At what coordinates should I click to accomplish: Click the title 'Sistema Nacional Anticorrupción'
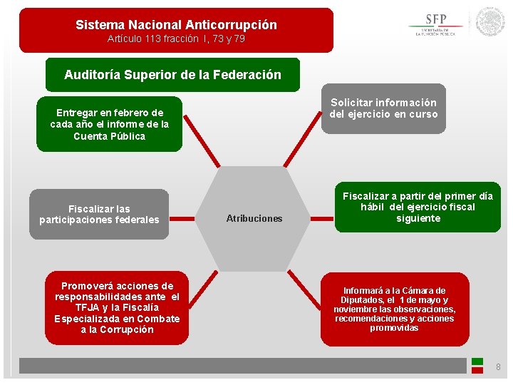coord(176,25)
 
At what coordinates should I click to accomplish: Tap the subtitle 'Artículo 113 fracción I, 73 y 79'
coord(176,39)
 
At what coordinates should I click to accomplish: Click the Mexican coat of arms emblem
coord(489,22)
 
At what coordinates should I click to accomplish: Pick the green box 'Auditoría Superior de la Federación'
coord(172,75)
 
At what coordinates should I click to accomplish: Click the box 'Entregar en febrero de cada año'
coord(109,124)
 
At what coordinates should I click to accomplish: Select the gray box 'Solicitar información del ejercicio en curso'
coord(383,108)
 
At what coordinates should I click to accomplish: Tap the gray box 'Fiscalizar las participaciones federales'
coord(99,214)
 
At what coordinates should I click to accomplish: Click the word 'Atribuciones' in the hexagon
coord(254,218)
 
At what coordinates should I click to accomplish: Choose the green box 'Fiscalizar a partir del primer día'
coord(418,207)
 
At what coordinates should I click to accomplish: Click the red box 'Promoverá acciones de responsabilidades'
coord(117,307)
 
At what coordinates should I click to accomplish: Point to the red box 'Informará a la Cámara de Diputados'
coord(394,309)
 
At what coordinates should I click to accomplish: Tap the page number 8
coord(498,366)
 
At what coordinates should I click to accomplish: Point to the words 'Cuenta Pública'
coord(109,136)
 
